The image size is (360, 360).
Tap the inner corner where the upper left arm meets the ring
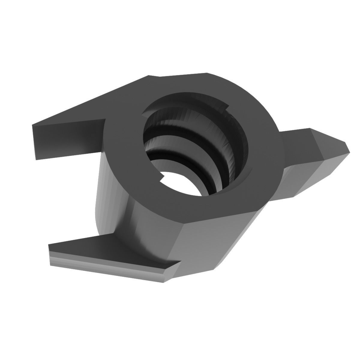tap(105, 120)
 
